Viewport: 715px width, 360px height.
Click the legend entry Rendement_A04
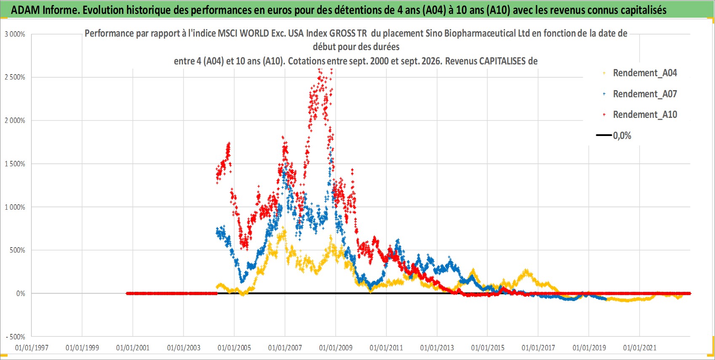tap(645, 73)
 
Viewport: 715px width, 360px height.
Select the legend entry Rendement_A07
tap(645, 94)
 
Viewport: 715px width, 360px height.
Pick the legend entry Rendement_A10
tap(645, 115)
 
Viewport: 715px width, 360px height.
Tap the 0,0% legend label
tap(622, 136)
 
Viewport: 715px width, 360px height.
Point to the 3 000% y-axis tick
tap(15, 35)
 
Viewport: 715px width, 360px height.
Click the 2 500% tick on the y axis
tap(15, 77)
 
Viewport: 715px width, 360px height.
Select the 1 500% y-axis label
tap(15, 164)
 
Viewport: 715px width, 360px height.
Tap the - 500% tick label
tap(15, 337)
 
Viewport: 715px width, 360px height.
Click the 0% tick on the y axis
tap(21, 293)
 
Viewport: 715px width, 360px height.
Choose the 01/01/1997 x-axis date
tap(32, 348)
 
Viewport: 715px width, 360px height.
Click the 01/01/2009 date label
tap(336, 348)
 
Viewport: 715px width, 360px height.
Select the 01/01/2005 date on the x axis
tap(234, 348)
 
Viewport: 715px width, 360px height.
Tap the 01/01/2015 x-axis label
tap(488, 348)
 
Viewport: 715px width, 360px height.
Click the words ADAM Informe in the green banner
tap(45, 10)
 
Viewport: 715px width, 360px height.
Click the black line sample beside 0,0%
tap(604, 135)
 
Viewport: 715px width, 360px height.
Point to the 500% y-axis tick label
tap(17, 251)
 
